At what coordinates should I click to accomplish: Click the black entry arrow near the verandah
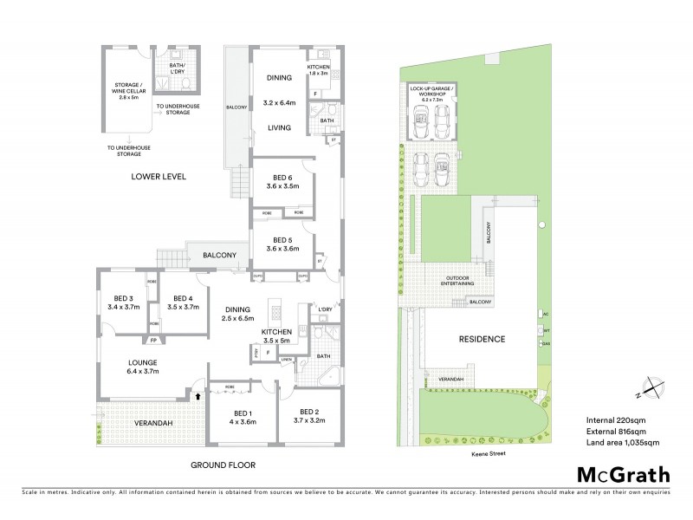202,395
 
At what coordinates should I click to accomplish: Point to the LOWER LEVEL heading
159,176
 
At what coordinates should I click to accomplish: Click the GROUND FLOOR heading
223,465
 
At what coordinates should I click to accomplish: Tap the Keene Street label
478,452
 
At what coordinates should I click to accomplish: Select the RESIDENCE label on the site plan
482,339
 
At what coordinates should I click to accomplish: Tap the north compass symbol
651,389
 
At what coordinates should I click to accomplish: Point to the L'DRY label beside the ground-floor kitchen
326,309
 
